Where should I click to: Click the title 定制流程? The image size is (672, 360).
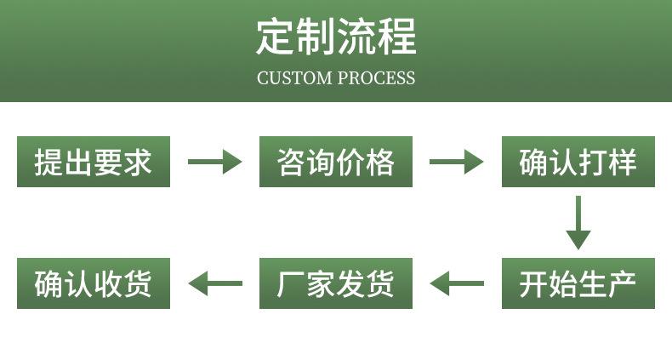(336, 37)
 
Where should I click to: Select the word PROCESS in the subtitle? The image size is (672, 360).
(376, 78)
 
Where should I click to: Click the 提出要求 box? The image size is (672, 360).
(94, 162)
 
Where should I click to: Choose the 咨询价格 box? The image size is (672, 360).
(336, 162)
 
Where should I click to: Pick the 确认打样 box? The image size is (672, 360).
(578, 162)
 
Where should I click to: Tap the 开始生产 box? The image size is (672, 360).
(578, 283)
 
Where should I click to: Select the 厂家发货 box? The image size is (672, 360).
(336, 283)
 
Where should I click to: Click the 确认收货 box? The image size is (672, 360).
(94, 283)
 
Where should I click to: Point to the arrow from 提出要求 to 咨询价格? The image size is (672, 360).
(214, 162)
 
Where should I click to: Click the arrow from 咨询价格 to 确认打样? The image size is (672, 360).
(457, 162)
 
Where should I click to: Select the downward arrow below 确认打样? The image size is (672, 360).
(578, 223)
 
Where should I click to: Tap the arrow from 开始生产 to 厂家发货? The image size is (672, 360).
(457, 283)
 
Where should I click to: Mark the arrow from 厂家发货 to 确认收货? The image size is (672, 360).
(214, 283)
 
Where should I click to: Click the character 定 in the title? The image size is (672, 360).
(276, 37)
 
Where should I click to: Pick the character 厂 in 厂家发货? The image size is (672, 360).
(291, 283)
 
